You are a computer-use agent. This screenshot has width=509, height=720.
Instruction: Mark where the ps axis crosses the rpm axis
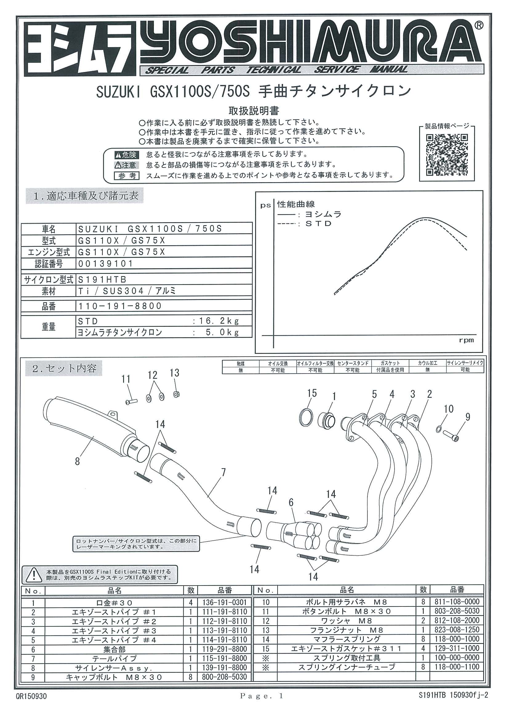click(x=274, y=335)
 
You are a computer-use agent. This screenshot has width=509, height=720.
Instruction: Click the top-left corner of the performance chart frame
click(x=256, y=192)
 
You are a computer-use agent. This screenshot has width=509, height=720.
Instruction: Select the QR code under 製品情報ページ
click(x=447, y=155)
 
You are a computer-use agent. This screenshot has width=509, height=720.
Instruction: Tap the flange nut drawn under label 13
click(x=176, y=394)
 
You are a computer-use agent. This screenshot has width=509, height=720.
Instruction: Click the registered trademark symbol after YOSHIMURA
click(x=479, y=26)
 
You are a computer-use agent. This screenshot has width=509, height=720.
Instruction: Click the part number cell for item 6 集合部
click(x=224, y=649)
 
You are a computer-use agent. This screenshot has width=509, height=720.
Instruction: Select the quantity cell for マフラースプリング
click(x=423, y=639)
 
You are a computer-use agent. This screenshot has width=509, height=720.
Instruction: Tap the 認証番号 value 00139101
click(x=106, y=263)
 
